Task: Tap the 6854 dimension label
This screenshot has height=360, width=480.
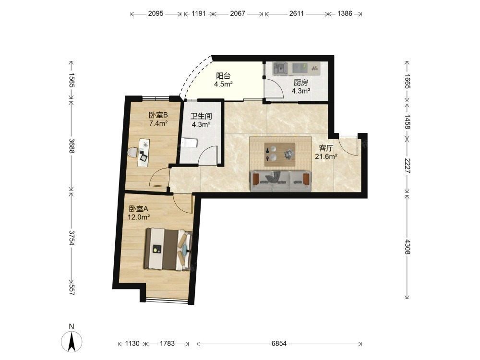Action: pyautogui.click(x=279, y=344)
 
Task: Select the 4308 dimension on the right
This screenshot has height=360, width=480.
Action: pyautogui.click(x=407, y=247)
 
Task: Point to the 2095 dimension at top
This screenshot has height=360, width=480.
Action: pyautogui.click(x=156, y=13)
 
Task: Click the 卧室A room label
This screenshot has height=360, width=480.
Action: pyautogui.click(x=138, y=209)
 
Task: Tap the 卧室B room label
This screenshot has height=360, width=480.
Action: pyautogui.click(x=158, y=115)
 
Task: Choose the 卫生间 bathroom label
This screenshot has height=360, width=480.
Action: pyautogui.click(x=201, y=116)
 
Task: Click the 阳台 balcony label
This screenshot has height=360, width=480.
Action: pyautogui.click(x=223, y=76)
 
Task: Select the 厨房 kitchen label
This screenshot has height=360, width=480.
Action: pyautogui.click(x=300, y=83)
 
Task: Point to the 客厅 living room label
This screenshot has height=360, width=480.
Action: pyautogui.click(x=326, y=148)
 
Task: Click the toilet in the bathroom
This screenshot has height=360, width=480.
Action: pyautogui.click(x=188, y=143)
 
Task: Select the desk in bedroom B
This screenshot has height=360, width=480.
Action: pyautogui.click(x=144, y=153)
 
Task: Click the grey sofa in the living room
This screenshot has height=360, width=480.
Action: pyautogui.click(x=281, y=181)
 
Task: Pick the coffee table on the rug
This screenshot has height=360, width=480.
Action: pyautogui.click(x=280, y=154)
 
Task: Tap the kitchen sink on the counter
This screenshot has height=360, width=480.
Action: pyautogui.click(x=280, y=68)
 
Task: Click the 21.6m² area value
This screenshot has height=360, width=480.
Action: pyautogui.click(x=326, y=156)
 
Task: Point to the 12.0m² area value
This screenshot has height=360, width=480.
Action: pyautogui.click(x=139, y=217)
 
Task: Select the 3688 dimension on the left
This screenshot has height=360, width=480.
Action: pyautogui.click(x=72, y=146)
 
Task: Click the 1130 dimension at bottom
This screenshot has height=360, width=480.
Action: pyautogui.click(x=132, y=344)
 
